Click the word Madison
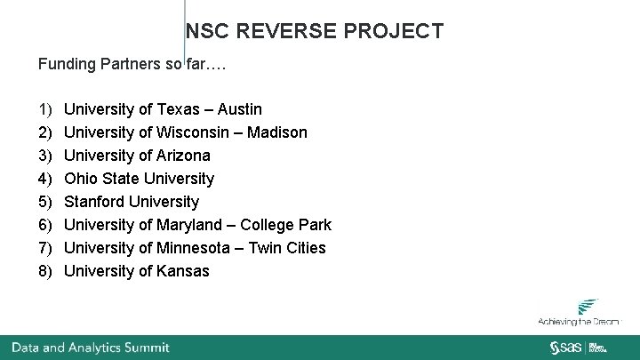coord(276,132)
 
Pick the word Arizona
coord(183,156)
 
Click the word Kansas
coord(183,271)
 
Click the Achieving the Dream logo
coord(579,313)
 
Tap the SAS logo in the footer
coord(565,347)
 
